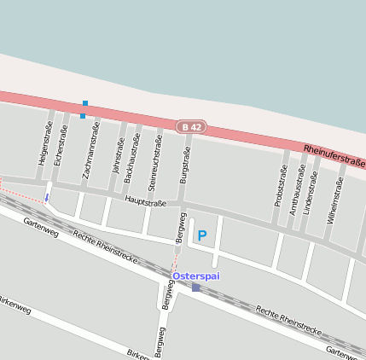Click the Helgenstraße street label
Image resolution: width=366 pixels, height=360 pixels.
point(44,143)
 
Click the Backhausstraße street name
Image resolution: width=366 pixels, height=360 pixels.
point(132,159)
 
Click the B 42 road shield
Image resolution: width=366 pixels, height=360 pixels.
point(192,127)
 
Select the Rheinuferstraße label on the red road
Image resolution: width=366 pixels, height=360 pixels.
point(334,156)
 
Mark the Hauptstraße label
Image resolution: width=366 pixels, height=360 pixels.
point(145,202)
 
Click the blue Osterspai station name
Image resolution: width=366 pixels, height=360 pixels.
point(195,276)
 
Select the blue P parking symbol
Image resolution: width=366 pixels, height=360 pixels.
point(202,235)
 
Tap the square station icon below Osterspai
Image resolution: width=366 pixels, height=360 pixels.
point(195,287)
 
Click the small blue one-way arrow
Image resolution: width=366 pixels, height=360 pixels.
point(47,198)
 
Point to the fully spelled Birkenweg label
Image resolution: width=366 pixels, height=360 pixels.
point(15,305)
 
